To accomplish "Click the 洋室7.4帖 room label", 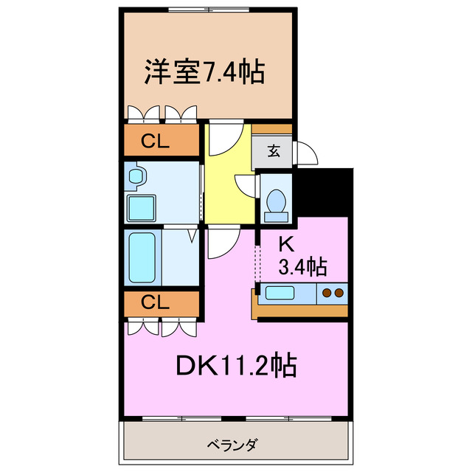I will point(204,72).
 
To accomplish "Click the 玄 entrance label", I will point(274,151).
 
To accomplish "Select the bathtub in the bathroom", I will point(142,257).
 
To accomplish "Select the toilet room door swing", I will point(245,184).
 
